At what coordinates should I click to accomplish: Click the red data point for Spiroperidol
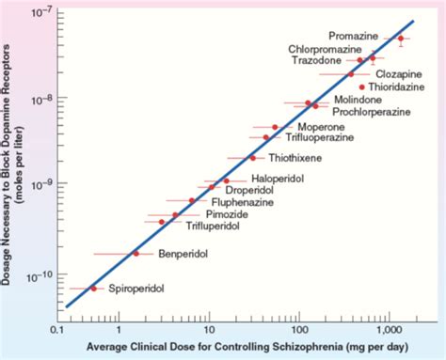(x=93, y=289)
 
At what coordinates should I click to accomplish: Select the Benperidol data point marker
(x=135, y=253)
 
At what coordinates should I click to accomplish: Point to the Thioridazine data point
(x=361, y=86)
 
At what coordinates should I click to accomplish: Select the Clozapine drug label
(x=399, y=73)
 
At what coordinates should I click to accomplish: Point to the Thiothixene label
(x=292, y=158)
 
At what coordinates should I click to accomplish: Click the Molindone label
(x=358, y=99)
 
